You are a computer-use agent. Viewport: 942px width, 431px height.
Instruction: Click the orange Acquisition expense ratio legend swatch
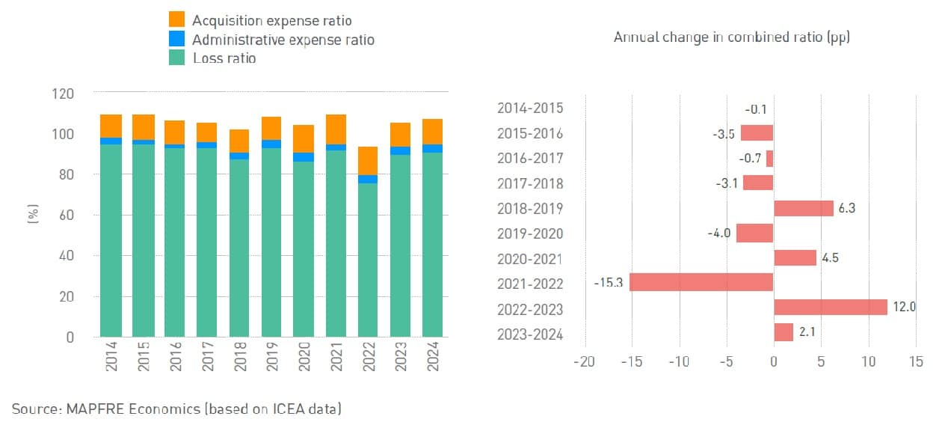tap(176, 19)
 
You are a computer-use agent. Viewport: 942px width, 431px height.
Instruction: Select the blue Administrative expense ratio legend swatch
tap(176, 39)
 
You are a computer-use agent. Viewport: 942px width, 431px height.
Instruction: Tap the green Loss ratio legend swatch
tap(176, 57)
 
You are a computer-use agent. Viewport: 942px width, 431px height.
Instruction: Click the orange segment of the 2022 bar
tap(368, 161)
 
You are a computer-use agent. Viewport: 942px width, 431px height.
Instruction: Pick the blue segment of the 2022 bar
tap(368, 180)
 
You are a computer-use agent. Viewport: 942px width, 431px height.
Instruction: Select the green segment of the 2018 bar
tap(239, 247)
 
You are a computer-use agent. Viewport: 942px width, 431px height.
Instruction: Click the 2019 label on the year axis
tap(271, 357)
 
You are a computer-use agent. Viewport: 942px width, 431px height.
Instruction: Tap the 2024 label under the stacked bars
tap(433, 357)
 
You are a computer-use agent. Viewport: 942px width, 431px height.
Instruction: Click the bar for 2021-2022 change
tap(701, 282)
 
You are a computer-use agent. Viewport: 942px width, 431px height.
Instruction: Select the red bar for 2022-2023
tap(830, 308)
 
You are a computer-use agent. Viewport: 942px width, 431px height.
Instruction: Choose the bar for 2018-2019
tap(803, 208)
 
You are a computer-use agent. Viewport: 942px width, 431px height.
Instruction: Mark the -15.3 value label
tap(609, 283)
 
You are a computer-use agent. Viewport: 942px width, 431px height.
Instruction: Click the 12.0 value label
tap(905, 308)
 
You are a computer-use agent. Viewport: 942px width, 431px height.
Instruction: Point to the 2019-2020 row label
tap(529, 233)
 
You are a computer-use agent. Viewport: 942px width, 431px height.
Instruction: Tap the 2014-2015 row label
tap(529, 108)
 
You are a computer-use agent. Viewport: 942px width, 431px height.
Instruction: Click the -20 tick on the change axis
tap(583, 362)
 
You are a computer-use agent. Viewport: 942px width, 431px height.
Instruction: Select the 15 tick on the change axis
tap(915, 362)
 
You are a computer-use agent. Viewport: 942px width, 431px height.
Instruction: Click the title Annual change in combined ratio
tap(731, 37)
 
